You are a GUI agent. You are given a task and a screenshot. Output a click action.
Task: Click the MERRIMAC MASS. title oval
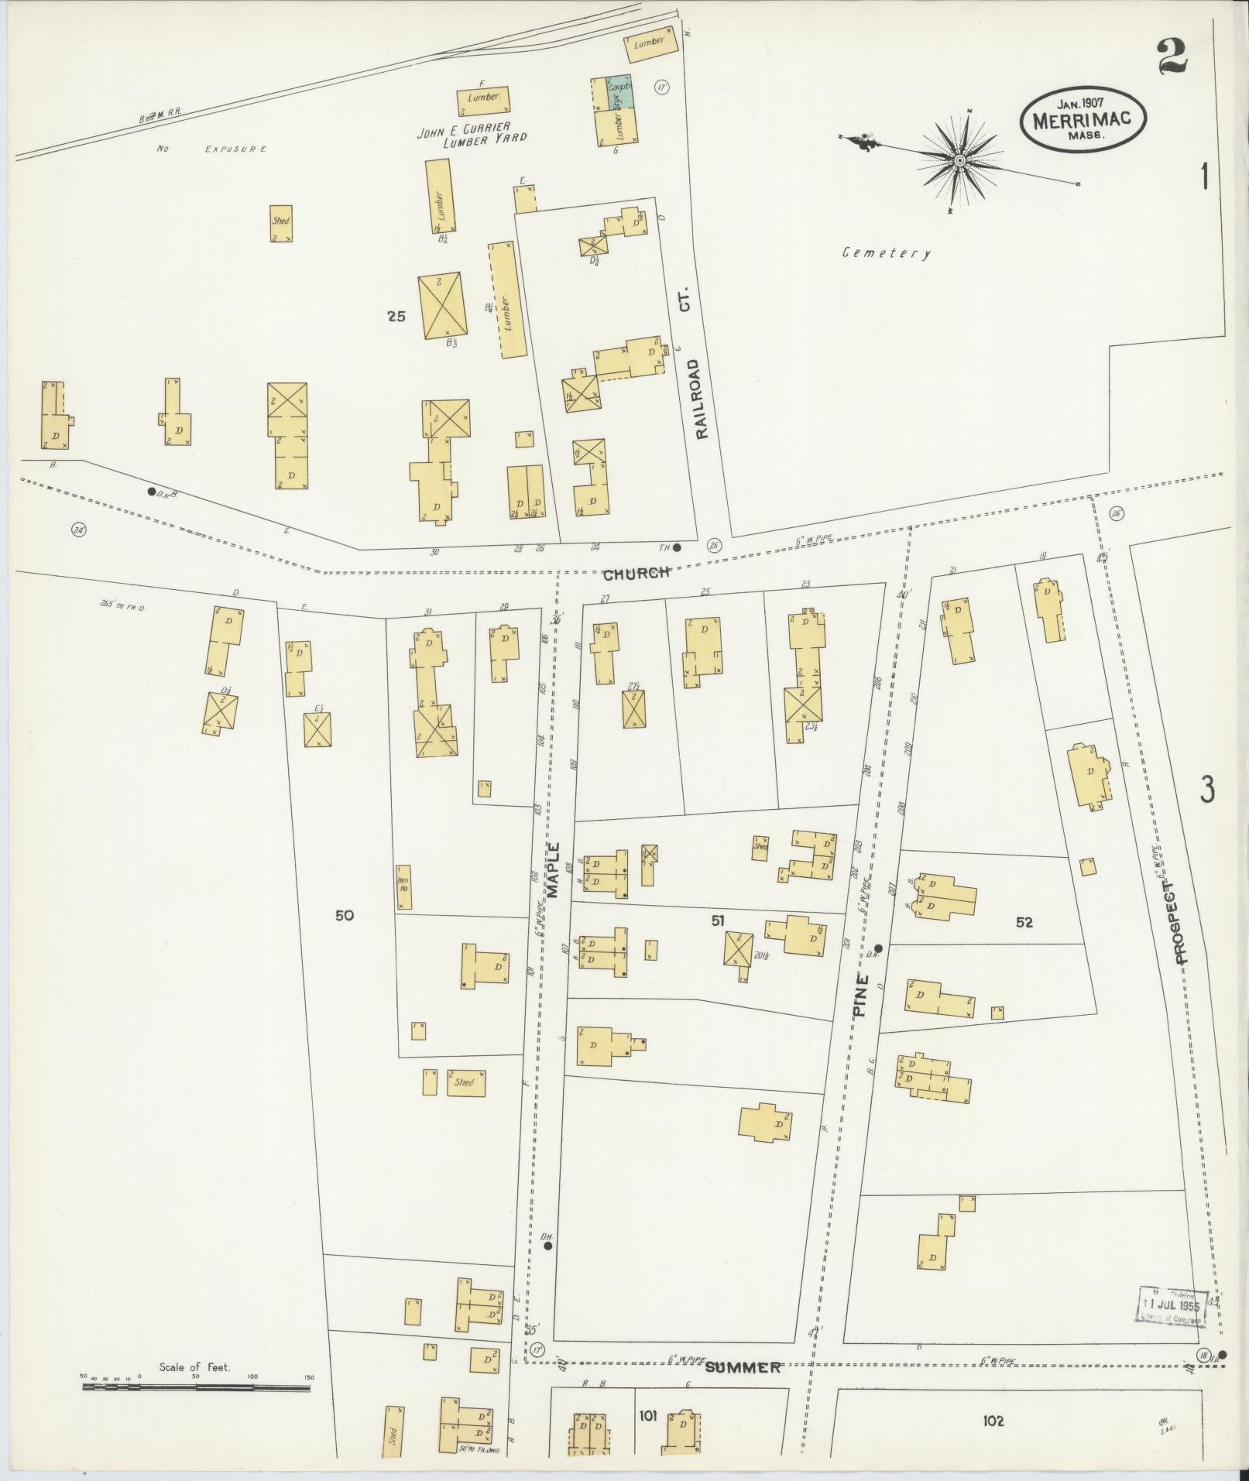(1083, 120)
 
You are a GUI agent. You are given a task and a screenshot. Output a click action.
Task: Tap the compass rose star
(959, 161)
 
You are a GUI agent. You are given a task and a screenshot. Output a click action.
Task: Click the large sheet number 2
(1172, 57)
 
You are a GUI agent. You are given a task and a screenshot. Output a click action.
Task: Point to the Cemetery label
(887, 252)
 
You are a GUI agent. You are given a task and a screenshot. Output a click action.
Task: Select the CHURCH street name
(636, 574)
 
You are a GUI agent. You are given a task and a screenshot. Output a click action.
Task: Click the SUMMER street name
(743, 1368)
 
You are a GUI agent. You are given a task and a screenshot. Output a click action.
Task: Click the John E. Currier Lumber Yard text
(472, 135)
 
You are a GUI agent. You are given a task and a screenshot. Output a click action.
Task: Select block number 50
(345, 915)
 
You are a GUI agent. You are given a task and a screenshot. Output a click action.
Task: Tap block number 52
(1024, 922)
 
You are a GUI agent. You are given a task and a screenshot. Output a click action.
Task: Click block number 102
(993, 1421)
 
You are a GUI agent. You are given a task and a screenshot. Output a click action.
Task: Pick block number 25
(396, 316)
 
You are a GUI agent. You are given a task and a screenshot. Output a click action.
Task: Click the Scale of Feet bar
(196, 1388)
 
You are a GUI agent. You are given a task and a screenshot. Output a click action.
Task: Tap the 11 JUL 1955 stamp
(1172, 1308)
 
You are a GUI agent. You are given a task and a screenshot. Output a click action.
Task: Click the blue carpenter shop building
(619, 91)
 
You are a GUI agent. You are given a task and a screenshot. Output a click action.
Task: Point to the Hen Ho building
(403, 887)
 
